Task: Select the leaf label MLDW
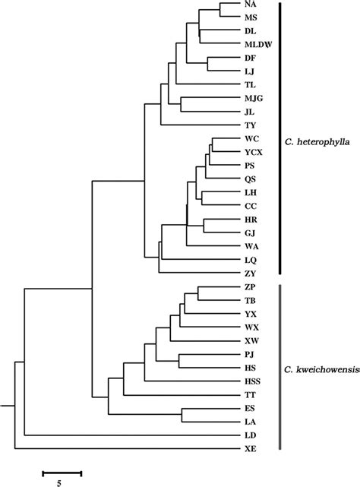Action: [x=255, y=44]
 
